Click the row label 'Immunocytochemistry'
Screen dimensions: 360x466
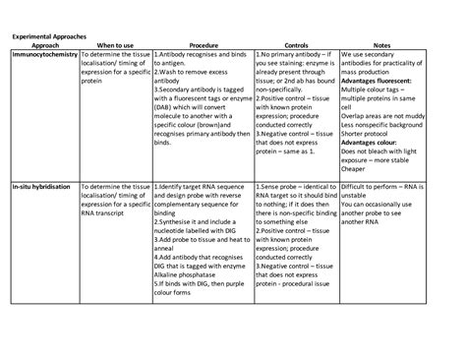pos(44,55)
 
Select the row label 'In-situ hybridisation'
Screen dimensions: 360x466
pos(43,186)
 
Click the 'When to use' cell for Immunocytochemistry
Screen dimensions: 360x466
pos(115,72)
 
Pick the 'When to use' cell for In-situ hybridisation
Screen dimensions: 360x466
pos(115,203)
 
